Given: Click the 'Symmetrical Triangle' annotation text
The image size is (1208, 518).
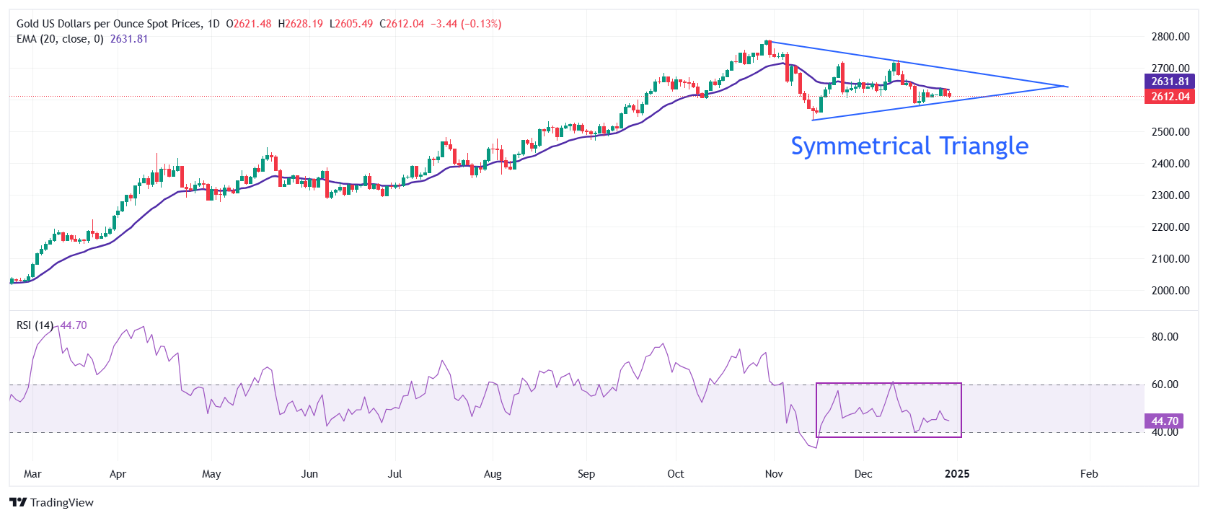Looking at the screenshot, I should pos(909,146).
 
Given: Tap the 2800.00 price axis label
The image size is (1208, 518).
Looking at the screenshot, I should pos(1170,37).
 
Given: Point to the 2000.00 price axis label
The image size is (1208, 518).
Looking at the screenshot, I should pos(1170,291).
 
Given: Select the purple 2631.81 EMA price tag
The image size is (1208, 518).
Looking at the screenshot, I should pos(1169,82).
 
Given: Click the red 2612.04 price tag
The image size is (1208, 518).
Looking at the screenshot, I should pos(1169,97).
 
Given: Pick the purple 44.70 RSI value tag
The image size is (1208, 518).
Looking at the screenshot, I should pos(1164,421).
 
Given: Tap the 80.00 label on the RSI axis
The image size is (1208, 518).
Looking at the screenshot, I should pos(1165,337).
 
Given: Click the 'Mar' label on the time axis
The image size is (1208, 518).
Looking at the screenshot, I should pos(32,474).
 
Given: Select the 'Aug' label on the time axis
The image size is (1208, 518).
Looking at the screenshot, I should pos(493,474).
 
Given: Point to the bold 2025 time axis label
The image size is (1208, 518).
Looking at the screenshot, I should pos(957,474).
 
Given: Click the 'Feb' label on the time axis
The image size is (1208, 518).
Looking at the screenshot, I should pos(1089,474).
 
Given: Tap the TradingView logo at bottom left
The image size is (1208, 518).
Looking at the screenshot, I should pos(52,503).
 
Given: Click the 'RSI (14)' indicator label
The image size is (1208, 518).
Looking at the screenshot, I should pos(35,325).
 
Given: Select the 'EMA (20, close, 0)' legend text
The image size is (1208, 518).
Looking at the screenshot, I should pos(60,39).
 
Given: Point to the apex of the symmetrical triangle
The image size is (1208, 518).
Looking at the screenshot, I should pos(1067,87).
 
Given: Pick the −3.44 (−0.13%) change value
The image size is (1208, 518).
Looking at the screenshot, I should pos(466,24).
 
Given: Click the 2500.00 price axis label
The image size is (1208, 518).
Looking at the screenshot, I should pos(1170,132).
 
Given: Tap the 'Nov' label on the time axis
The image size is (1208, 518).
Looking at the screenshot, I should pos(774,474).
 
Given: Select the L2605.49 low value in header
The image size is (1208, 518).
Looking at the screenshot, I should pos(351,24).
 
